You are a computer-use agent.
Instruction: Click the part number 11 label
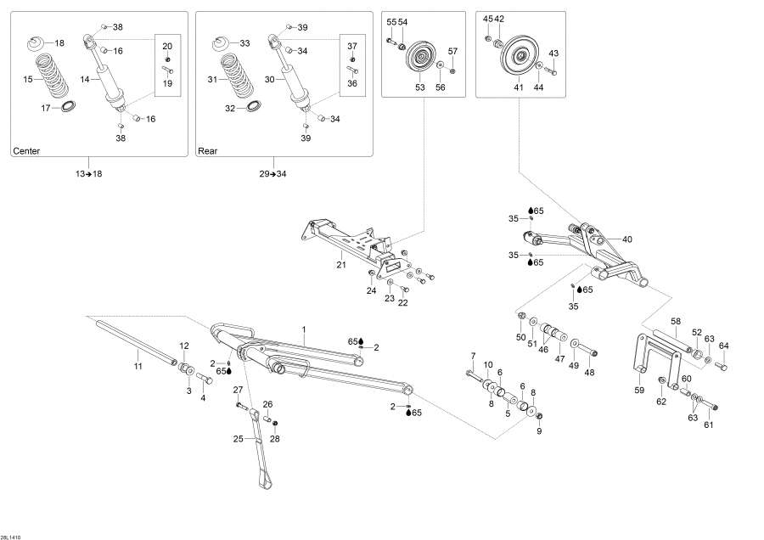(138, 366)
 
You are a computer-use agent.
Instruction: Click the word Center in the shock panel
(26, 151)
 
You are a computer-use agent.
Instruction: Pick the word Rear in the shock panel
(208, 151)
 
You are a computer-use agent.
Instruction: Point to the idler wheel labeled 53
(419, 61)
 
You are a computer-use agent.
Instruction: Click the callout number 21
(340, 265)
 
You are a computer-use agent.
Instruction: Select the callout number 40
(627, 239)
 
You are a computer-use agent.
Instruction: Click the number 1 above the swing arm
(302, 329)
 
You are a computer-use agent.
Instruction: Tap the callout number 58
(676, 322)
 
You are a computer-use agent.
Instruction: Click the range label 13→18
(88, 173)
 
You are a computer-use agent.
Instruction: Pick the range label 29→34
(273, 173)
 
